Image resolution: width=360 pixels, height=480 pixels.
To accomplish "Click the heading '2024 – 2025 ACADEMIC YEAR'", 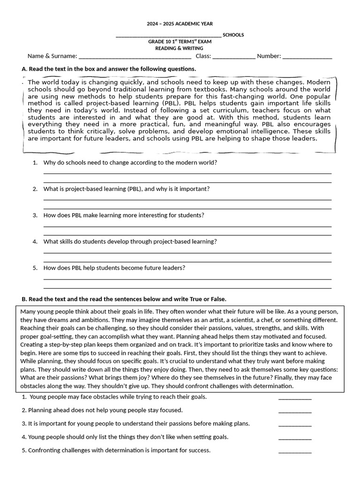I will pyautogui.click(x=180, y=23).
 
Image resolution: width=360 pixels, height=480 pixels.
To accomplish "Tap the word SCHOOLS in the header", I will pyautogui.click(x=233, y=35).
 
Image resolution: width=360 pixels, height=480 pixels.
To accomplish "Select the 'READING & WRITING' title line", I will pyautogui.click(x=180, y=48).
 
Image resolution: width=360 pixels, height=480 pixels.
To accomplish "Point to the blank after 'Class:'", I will pyautogui.click(x=234, y=56).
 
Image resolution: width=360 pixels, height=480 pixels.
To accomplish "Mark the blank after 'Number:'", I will pyautogui.click(x=307, y=56).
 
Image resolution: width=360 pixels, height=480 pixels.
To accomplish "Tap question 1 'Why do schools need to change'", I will pyautogui.click(x=130, y=163).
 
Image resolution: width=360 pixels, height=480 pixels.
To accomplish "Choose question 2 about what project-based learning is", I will pyautogui.click(x=126, y=189).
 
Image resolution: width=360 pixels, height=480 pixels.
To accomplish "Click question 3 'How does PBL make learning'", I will pyautogui.click(x=123, y=215).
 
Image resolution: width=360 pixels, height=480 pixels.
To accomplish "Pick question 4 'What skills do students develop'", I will pyautogui.click(x=130, y=241).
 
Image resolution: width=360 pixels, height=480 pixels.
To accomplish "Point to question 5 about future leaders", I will pyautogui.click(x=114, y=268).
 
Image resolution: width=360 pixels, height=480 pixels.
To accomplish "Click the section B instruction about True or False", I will pyautogui.click(x=124, y=299).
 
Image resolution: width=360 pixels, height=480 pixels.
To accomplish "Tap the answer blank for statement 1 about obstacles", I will pyautogui.click(x=295, y=397).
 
